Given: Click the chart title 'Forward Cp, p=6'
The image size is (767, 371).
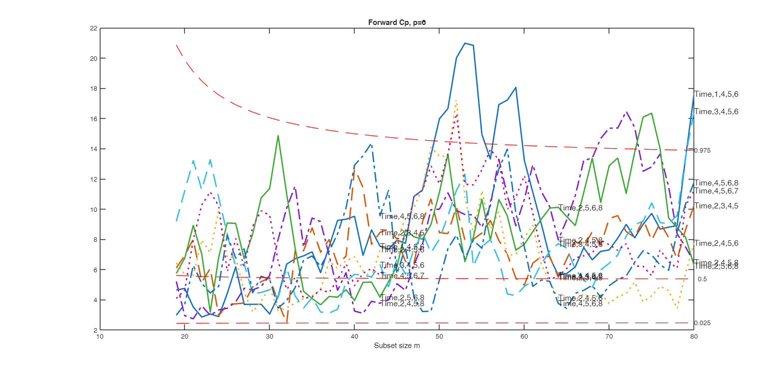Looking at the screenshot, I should point(396,22).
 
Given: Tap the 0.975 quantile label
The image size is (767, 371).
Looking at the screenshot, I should point(702,151).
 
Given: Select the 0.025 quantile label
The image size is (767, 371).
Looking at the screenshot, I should point(702,323).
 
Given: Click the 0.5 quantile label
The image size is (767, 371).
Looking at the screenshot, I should point(702,279).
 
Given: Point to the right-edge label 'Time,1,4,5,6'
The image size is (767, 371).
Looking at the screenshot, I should point(716,94).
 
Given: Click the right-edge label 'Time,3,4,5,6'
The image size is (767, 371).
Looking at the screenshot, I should point(716,112).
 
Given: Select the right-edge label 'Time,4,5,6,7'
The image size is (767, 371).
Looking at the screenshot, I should point(716,191).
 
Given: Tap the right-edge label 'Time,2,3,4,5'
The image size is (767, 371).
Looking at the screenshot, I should point(716,206).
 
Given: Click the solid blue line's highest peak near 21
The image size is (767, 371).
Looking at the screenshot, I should point(465,43).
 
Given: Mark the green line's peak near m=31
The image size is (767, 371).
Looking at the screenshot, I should point(278,136).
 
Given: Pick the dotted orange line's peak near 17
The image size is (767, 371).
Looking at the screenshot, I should point(456,100).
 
